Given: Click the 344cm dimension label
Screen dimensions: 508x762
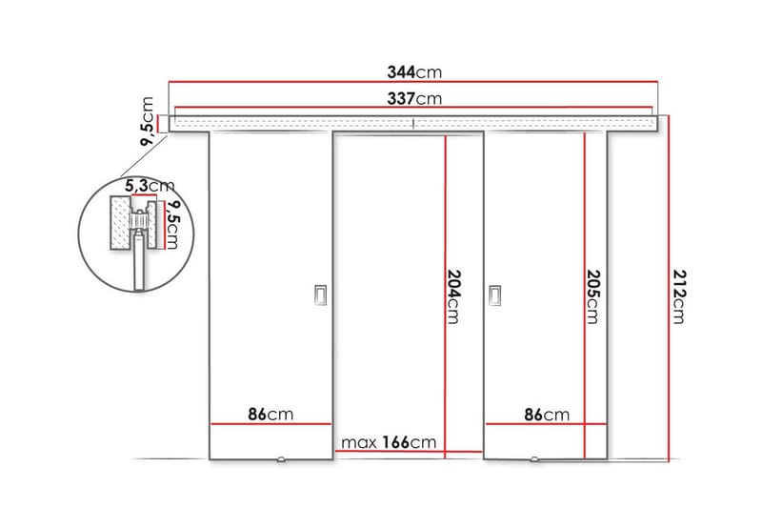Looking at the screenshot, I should click(x=415, y=72).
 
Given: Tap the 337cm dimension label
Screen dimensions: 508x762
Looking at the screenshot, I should click(x=415, y=98).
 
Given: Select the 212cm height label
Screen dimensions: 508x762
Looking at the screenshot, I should click(x=678, y=295).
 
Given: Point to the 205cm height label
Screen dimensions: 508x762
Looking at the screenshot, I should click(x=594, y=295).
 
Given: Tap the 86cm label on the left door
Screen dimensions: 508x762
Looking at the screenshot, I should click(x=271, y=414).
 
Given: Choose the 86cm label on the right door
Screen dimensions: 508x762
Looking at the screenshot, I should click(x=547, y=414).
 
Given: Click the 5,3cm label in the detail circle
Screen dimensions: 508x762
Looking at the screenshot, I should click(x=150, y=184).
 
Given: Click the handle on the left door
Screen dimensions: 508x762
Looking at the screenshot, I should click(x=320, y=296).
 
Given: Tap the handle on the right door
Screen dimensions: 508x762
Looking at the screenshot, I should click(x=495, y=296).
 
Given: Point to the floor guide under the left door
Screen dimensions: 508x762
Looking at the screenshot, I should click(x=282, y=462).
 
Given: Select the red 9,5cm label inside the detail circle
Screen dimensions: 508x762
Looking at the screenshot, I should click(x=172, y=225).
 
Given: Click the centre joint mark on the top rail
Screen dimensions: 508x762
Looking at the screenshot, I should click(x=414, y=122).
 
